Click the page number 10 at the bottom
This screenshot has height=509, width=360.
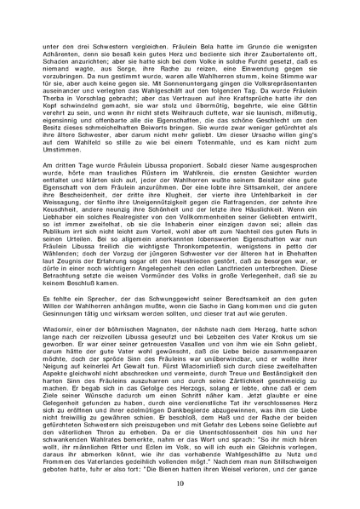[x=180, y=483]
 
